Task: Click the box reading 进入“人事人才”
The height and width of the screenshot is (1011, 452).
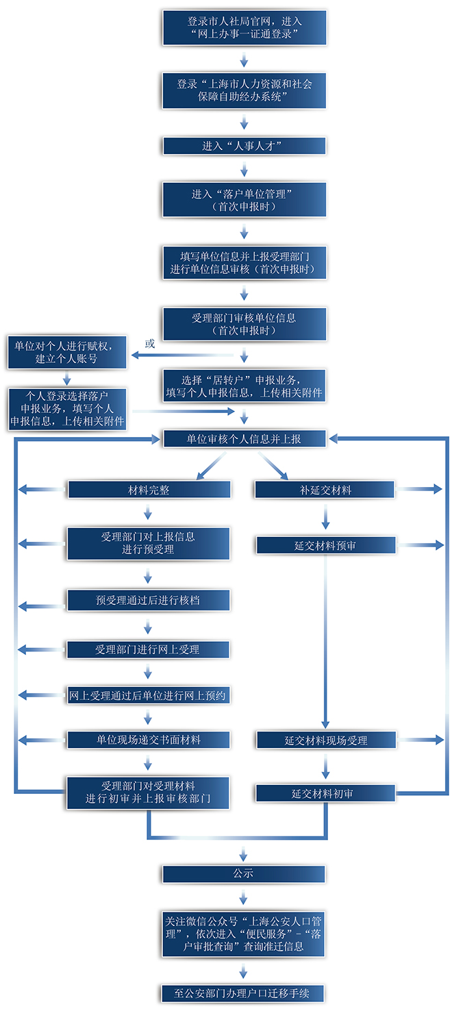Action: (244, 146)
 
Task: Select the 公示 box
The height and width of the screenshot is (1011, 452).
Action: (244, 873)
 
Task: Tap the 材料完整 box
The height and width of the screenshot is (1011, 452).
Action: (149, 490)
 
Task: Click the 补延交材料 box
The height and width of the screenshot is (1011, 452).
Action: (325, 490)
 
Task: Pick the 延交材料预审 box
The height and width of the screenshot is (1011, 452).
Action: (325, 545)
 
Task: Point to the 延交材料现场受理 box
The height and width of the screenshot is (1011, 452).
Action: (326, 740)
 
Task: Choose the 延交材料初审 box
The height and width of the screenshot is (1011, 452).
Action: (325, 793)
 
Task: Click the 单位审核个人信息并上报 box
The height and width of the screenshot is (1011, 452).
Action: (244, 439)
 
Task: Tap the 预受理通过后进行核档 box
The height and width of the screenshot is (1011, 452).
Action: (148, 600)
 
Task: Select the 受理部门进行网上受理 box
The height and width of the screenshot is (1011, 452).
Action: (148, 649)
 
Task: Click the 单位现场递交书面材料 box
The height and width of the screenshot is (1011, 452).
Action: (148, 740)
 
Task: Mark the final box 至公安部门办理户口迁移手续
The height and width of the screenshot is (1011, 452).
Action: (244, 993)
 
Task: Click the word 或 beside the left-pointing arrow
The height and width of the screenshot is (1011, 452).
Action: (150, 343)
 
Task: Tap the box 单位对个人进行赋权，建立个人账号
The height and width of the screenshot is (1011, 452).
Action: (67, 351)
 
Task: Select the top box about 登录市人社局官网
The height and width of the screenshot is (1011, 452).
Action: (244, 27)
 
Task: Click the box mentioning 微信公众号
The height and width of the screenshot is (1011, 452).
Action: (244, 933)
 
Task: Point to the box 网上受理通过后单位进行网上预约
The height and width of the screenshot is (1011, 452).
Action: (148, 695)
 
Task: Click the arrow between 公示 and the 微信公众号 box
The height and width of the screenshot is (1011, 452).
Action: (244, 896)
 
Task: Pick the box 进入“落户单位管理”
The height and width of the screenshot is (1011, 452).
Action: (244, 199)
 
